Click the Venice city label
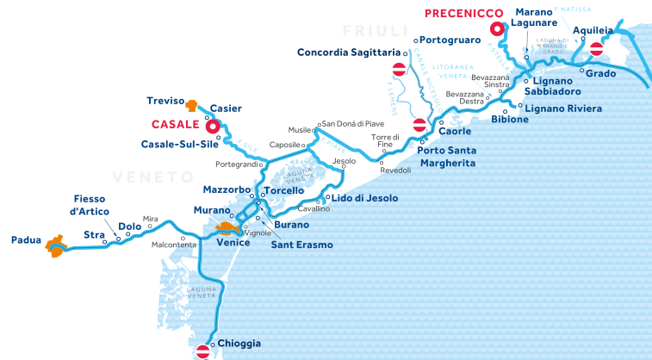pyautogui.click(x=233, y=243)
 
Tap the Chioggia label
pyautogui.click(x=239, y=343)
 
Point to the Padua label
pyautogui.click(x=26, y=240)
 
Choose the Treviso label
pyautogui.click(x=166, y=100)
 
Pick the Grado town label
pyautogui.click(x=600, y=73)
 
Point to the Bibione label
pyautogui.click(x=509, y=119)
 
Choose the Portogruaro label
pyautogui.click(x=450, y=40)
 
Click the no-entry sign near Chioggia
pyautogui.click(x=203, y=351)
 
